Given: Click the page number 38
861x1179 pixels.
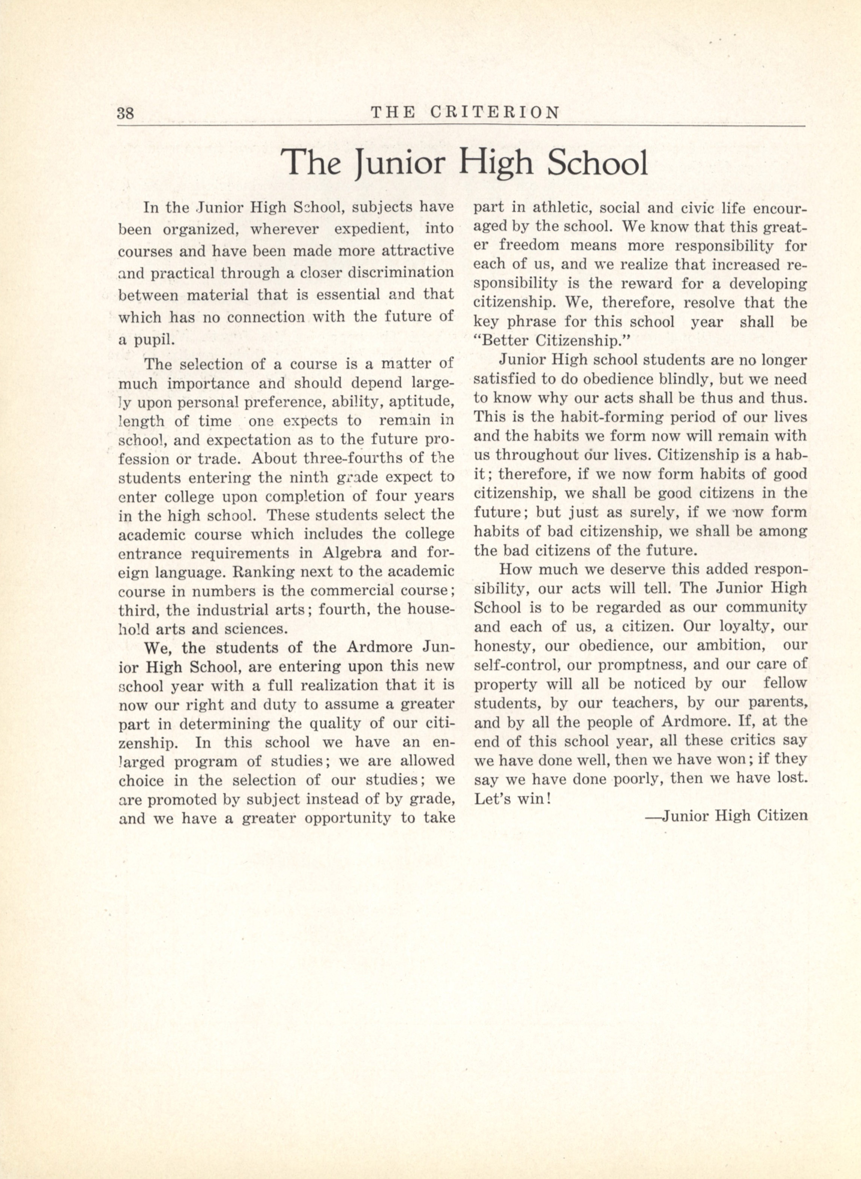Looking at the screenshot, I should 126,113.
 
